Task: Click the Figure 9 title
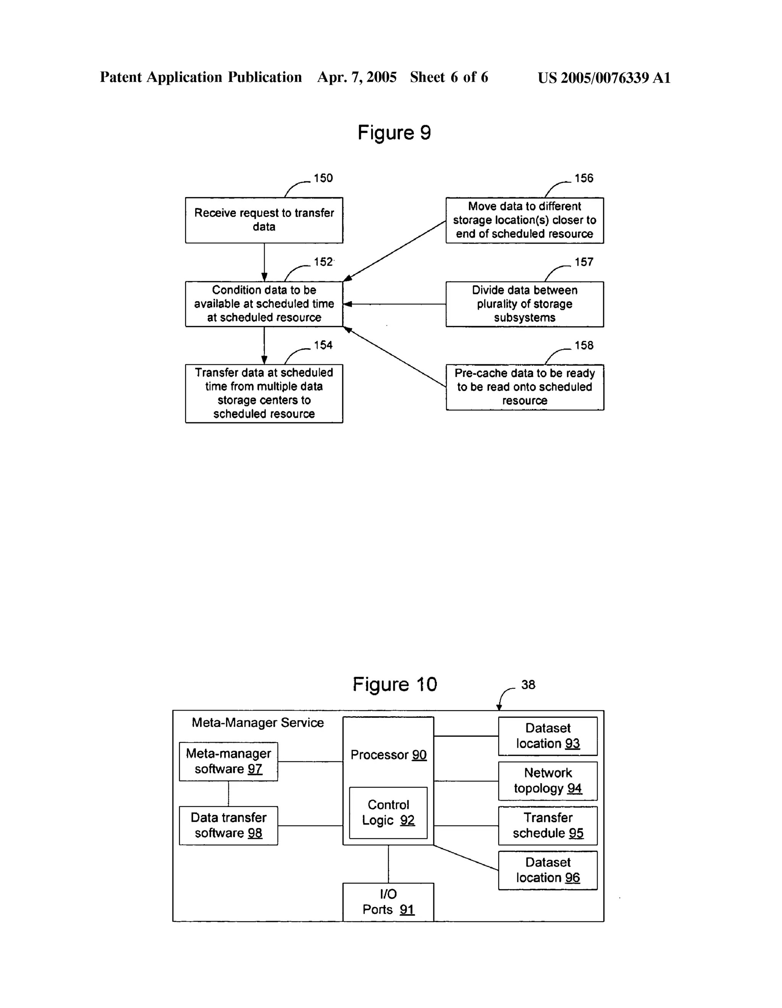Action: click(x=394, y=133)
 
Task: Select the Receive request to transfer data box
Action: click(x=264, y=220)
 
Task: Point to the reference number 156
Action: click(x=583, y=178)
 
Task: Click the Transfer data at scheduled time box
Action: click(x=264, y=393)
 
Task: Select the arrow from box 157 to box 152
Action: click(x=395, y=304)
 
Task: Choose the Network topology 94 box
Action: click(x=548, y=781)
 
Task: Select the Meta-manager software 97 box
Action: click(x=228, y=762)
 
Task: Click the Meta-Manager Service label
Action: click(x=258, y=723)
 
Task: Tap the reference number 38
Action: click(x=528, y=685)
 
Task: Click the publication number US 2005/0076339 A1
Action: click(x=604, y=78)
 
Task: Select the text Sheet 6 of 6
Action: click(x=449, y=78)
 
